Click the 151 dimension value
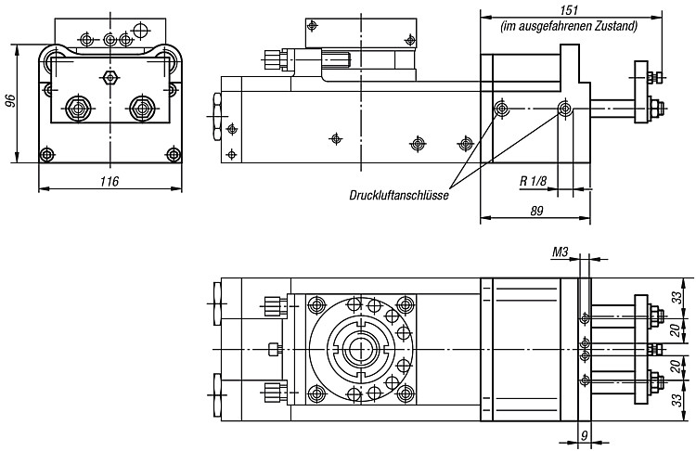click(x=569, y=10)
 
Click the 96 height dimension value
click(x=10, y=101)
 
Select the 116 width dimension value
click(x=110, y=181)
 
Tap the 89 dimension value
click(x=536, y=211)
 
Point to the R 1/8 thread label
click(x=533, y=181)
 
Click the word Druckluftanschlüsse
click(x=399, y=195)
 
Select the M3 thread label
click(x=560, y=252)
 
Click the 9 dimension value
click(x=584, y=436)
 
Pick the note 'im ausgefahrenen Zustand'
click(x=569, y=26)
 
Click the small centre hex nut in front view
click(x=110, y=77)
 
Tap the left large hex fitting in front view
click(x=79, y=108)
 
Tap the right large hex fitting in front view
click(x=142, y=108)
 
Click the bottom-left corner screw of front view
click(x=46, y=154)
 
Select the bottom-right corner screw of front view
click(x=173, y=154)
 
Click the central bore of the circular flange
click(x=361, y=350)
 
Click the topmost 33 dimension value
click(x=677, y=297)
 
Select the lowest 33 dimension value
click(x=677, y=400)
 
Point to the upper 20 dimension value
click(x=676, y=330)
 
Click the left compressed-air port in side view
click(x=502, y=108)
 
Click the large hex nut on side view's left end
click(x=217, y=117)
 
